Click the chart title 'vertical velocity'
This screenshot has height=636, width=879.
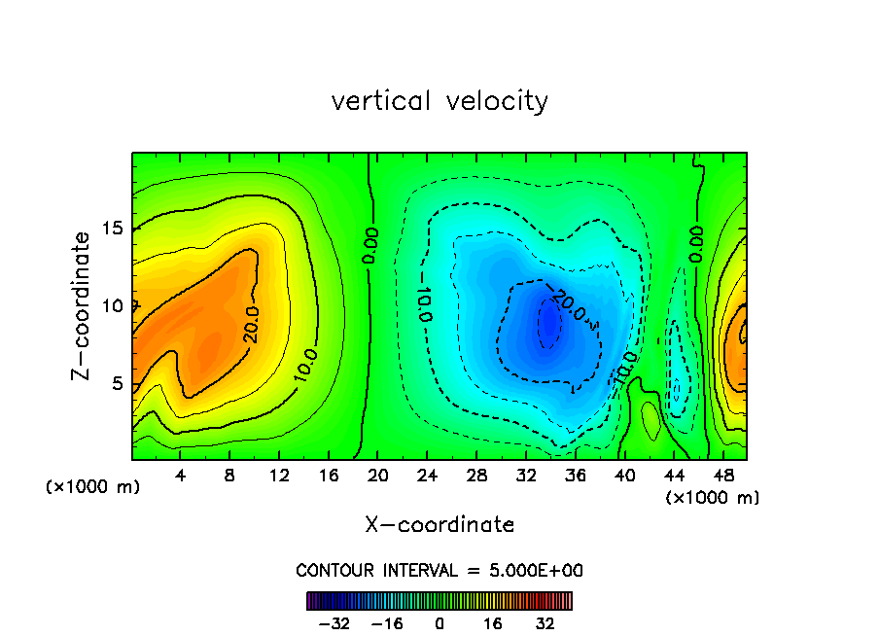coord(439,101)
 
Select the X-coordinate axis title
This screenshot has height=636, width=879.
coord(439,525)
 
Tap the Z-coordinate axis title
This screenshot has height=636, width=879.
coord(84,305)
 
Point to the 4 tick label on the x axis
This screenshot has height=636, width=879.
coord(180,476)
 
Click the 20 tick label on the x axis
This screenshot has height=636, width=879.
coord(377,476)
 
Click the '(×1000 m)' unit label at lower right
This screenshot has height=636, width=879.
coord(713,498)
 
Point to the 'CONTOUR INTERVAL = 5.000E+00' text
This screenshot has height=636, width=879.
coord(439,570)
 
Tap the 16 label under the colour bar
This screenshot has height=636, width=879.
coord(493,623)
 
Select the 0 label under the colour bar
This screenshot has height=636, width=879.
coord(439,623)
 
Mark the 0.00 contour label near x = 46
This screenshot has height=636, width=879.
coord(696,243)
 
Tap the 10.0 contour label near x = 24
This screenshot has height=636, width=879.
coord(425,304)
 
